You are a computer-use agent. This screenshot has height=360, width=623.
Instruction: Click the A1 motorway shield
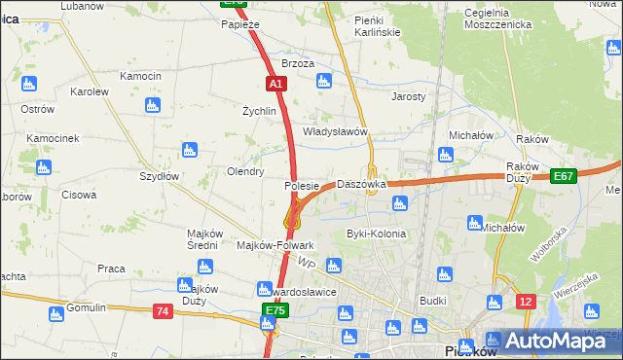pos(276,85)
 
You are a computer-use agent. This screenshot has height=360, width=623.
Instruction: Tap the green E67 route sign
pos(562,176)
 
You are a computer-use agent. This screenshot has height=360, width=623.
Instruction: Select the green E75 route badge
pos(275,311)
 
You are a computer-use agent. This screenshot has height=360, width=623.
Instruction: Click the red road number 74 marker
pos(163,310)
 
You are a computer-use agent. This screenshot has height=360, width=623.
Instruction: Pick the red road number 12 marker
pos(526,302)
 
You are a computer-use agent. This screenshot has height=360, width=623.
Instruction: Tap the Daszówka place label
pos(361,184)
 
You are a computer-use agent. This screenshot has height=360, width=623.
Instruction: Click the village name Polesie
pos(302,185)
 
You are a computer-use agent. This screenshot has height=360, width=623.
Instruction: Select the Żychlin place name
pos(260,111)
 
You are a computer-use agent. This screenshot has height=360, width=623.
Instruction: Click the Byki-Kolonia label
pos(376,234)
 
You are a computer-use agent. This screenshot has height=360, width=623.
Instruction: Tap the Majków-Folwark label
pos(275,245)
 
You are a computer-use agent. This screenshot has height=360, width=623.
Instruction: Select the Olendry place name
pos(245,171)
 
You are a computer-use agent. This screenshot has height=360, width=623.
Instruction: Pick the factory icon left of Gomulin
pos(54,313)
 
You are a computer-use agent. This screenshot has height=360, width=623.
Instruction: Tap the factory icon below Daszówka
pos(398,203)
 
